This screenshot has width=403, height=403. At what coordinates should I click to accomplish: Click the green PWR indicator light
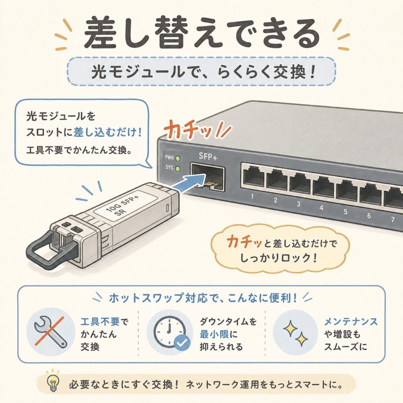177,159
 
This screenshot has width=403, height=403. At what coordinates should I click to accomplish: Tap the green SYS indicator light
177,169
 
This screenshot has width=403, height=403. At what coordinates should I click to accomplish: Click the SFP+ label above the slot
208,156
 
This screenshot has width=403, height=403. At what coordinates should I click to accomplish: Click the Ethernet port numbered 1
253,177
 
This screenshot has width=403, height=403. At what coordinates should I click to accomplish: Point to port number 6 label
369,215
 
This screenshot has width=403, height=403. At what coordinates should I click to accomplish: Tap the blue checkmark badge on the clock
182,343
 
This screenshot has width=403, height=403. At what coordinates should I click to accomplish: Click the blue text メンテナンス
351,322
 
